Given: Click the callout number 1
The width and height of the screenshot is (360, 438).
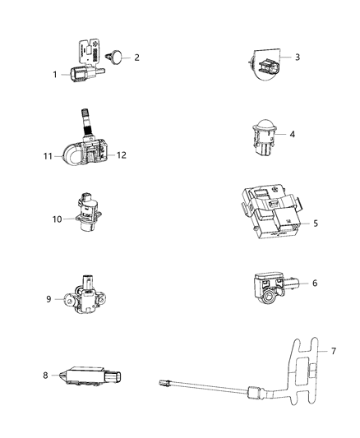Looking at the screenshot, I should pyautogui.click(x=55, y=74).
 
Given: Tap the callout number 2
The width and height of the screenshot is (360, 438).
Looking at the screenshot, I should pyautogui.click(x=136, y=58).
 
